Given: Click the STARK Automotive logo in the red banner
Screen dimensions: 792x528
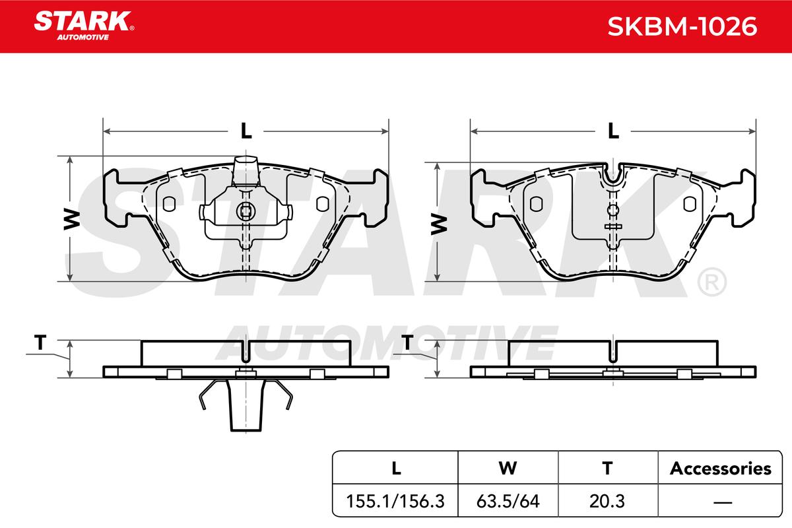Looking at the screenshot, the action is pyautogui.click(x=84, y=26).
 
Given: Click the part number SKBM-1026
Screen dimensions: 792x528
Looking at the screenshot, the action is pyautogui.click(x=682, y=26).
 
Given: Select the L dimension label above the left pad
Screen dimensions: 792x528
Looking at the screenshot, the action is pyautogui.click(x=246, y=131).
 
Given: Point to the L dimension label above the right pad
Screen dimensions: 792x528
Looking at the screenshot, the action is pyautogui.click(x=613, y=131).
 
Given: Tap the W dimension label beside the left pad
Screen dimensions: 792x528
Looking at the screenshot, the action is pyautogui.click(x=72, y=219).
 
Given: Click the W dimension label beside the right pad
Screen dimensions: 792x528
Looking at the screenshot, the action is pyautogui.click(x=439, y=225).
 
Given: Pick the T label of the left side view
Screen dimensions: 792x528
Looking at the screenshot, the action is pyautogui.click(x=40, y=343).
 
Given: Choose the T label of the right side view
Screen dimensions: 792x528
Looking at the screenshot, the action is pyautogui.click(x=408, y=343).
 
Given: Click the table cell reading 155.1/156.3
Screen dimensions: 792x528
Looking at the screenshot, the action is pyautogui.click(x=395, y=501).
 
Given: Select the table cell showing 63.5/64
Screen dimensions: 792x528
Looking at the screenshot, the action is pyautogui.click(x=508, y=501).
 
